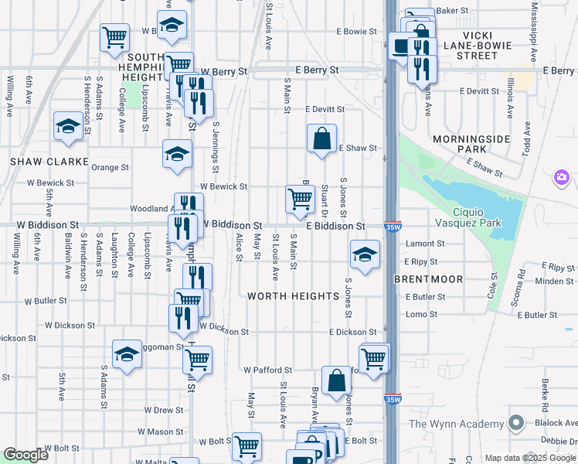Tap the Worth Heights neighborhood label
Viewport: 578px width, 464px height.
[x=294, y=296]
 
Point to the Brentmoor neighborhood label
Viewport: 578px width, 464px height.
[x=428, y=278]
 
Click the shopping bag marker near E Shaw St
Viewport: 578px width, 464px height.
[x=321, y=139]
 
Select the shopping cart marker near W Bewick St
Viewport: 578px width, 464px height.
[x=300, y=199]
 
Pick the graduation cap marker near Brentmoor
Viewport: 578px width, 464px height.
[x=365, y=254]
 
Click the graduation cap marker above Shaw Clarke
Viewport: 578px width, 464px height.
[x=68, y=126]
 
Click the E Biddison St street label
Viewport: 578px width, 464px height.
[x=335, y=226]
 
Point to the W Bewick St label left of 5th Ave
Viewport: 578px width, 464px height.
[x=49, y=183]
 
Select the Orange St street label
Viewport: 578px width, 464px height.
[x=110, y=167]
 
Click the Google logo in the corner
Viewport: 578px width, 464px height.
[x=25, y=455]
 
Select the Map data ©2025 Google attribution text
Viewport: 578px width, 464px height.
[x=529, y=458]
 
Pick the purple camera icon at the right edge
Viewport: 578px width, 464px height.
[x=562, y=179]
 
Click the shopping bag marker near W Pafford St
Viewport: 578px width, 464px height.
[x=336, y=381]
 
